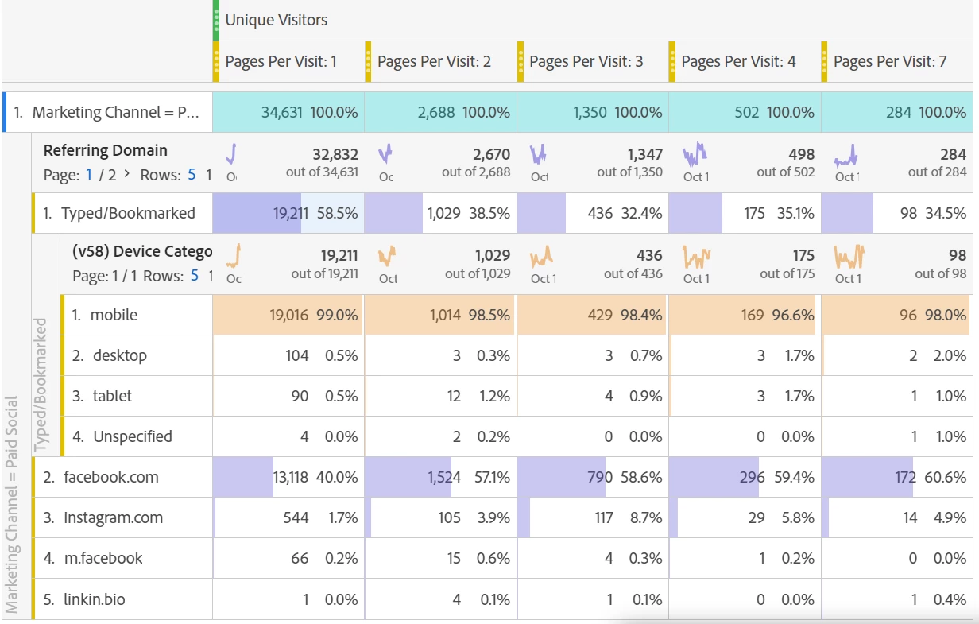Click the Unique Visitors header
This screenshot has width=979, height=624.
(276, 21)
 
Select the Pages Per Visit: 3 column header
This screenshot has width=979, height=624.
(586, 61)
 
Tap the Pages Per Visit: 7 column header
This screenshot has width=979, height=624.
(890, 61)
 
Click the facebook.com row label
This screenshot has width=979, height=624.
(111, 477)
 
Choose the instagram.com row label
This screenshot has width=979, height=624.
(114, 517)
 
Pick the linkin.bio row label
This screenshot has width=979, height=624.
(95, 599)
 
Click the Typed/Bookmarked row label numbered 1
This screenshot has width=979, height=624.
(128, 213)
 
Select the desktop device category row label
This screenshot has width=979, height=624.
(119, 355)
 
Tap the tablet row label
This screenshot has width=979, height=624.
(112, 396)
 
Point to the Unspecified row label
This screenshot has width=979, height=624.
(132, 436)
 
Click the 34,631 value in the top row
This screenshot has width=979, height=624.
(282, 112)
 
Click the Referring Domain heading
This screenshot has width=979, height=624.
(106, 150)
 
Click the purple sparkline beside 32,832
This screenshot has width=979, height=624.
(232, 152)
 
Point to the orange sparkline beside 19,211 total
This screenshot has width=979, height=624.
(233, 254)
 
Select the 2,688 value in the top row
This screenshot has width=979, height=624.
(436, 112)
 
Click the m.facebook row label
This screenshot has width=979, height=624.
(103, 558)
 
